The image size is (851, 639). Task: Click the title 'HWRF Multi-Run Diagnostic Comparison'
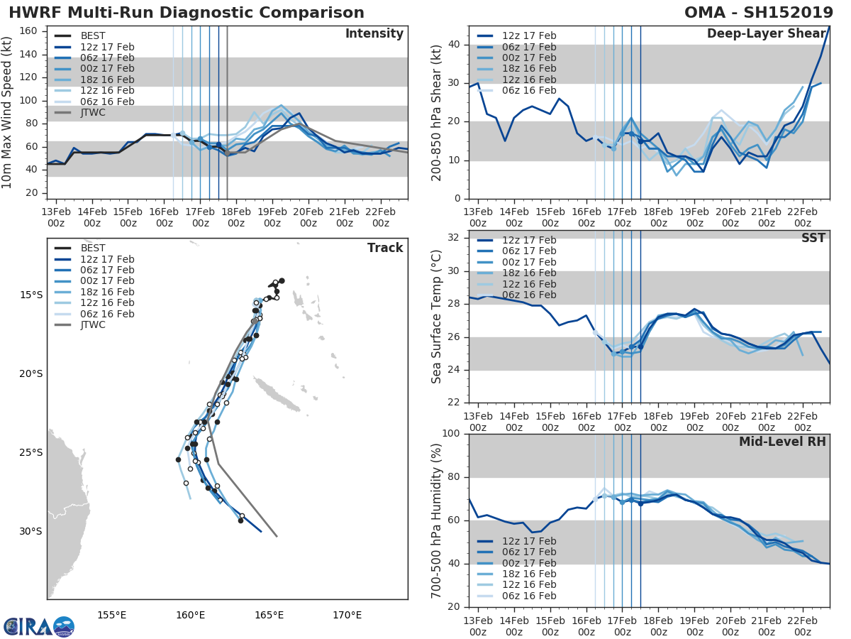(x=187, y=13)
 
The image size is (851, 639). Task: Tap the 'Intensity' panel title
(x=374, y=34)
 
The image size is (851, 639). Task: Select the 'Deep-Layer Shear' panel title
(x=766, y=34)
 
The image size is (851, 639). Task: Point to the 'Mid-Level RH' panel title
(x=782, y=442)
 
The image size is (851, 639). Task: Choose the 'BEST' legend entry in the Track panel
(x=93, y=248)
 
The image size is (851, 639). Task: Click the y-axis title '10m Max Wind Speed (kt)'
(x=8, y=112)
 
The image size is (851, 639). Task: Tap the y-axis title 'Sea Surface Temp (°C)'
(x=437, y=316)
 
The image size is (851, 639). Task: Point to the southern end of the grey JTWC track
(x=277, y=537)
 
